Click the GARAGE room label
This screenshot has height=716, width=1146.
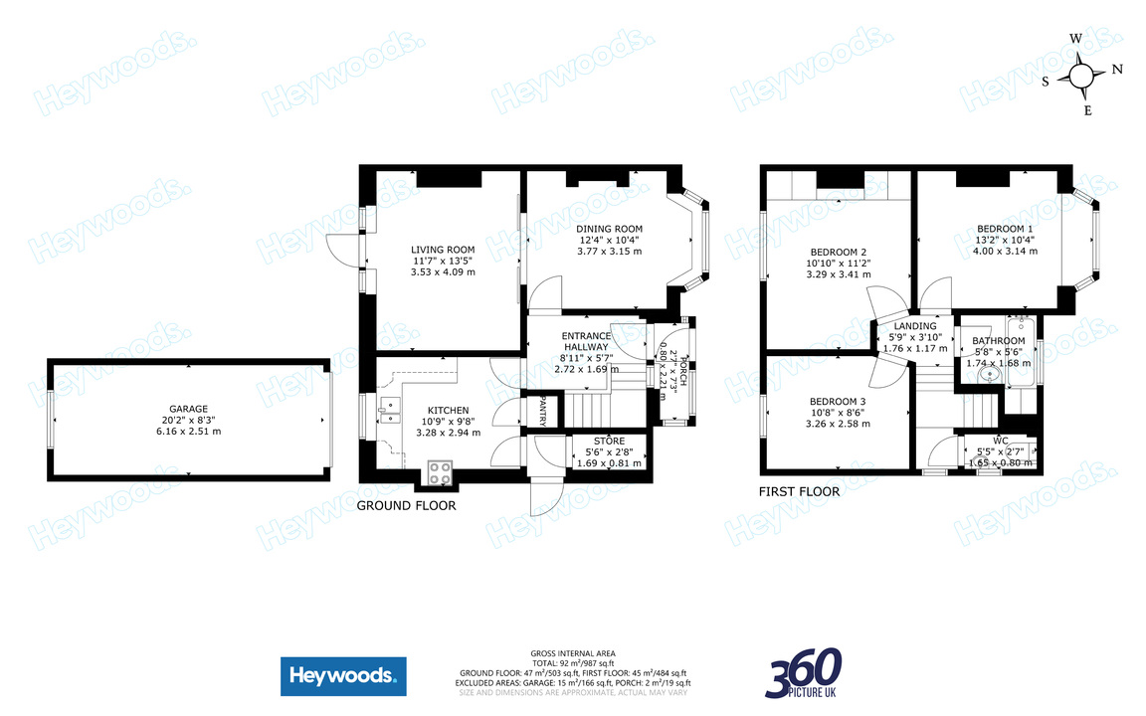tap(187, 409)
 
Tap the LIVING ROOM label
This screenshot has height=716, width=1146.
tap(443, 250)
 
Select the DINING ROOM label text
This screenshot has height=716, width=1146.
tap(610, 229)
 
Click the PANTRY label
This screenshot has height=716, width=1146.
tap(543, 412)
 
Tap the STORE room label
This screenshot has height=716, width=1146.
tap(609, 441)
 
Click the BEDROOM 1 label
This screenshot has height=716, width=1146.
tap(1006, 229)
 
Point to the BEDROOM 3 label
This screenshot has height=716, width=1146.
tap(837, 401)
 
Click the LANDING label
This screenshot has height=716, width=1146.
tap(915, 326)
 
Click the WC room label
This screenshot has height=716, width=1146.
tap(1000, 441)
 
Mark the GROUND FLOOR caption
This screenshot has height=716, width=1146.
tap(406, 506)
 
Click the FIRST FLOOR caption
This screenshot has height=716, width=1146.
tap(799, 491)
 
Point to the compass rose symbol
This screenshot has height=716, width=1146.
tap(1082, 76)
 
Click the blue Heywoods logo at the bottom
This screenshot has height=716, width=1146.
tap(342, 676)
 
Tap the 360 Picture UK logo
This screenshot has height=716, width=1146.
tap(804, 673)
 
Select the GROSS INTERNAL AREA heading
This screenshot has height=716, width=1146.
tap(572, 654)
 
